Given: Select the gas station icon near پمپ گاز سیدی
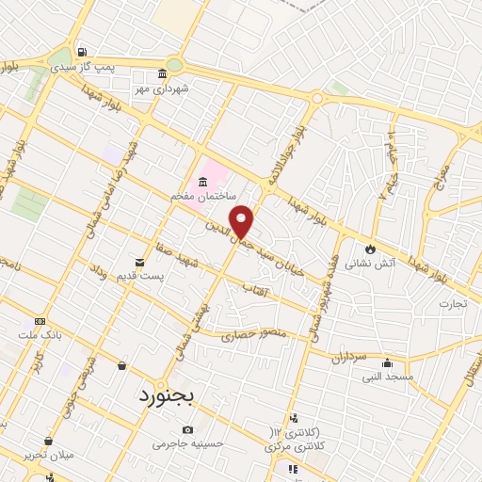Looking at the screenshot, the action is (x=83, y=52).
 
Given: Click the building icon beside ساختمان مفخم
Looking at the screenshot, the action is (x=203, y=181).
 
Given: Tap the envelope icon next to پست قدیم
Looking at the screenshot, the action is (x=139, y=262).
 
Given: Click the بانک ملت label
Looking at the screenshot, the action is (x=39, y=334).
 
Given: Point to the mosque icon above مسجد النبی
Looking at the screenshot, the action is (x=386, y=362).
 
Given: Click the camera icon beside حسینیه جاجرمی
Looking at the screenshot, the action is (x=187, y=429).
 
